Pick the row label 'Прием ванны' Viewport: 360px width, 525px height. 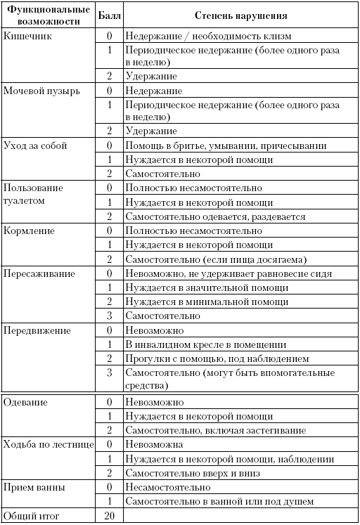[35, 487]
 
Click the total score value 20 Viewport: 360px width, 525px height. [108, 516]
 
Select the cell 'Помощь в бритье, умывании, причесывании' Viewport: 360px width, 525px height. [225, 145]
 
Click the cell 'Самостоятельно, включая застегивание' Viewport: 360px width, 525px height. [215, 430]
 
